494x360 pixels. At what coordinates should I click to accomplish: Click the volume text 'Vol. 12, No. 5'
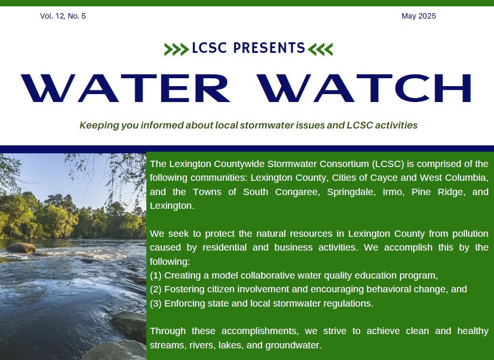click(63, 16)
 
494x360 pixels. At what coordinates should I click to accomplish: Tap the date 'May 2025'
click(418, 16)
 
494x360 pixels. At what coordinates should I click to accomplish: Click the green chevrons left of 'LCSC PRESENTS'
click(176, 50)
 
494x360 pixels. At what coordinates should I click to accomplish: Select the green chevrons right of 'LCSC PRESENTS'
click(320, 50)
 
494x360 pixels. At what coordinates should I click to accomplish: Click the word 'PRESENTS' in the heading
click(269, 48)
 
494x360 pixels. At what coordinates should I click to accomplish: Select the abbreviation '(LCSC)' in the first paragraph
click(388, 164)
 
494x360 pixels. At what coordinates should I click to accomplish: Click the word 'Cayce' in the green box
click(384, 178)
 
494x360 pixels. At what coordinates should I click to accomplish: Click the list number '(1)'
click(156, 275)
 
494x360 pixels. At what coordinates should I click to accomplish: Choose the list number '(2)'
click(156, 289)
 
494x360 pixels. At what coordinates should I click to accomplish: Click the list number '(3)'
click(156, 303)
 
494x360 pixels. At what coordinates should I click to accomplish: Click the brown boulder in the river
click(21, 248)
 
